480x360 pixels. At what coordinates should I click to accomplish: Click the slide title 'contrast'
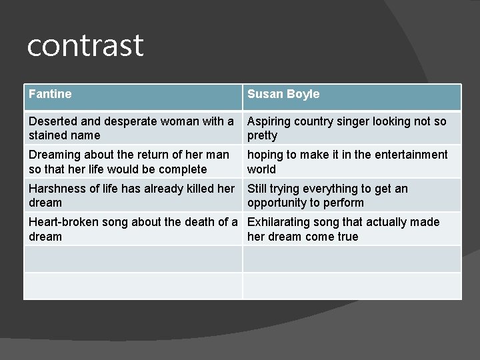pos(85,45)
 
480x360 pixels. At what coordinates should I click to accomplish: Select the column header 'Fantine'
pos(50,94)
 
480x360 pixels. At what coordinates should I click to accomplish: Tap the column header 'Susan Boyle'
pos(283,94)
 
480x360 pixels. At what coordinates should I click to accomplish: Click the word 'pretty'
pos(262,135)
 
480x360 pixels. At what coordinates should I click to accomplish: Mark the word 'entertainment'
pos(409,155)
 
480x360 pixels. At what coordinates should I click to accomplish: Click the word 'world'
pos(261,169)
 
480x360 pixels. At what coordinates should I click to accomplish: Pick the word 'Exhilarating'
pos(281,222)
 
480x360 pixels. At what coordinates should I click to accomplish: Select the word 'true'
pos(347,237)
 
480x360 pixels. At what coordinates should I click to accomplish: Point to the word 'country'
pos(315,121)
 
